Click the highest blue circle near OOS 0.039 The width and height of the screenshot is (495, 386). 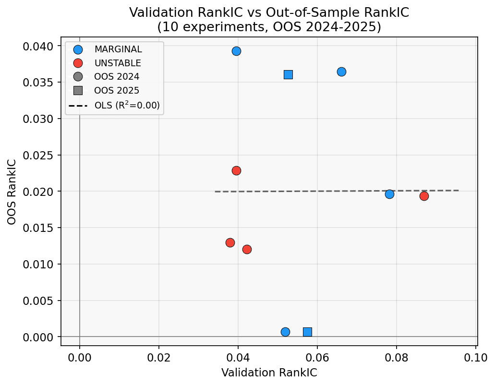pos(236,51)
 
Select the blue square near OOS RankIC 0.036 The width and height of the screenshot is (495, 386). pos(288,74)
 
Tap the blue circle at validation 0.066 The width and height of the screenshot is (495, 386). pos(341,72)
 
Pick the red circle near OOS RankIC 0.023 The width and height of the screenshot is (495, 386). pos(236,170)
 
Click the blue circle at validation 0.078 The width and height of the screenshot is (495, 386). pos(389,194)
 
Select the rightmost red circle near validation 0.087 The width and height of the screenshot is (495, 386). pos(424,196)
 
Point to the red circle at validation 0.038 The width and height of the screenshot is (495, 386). pos(230,242)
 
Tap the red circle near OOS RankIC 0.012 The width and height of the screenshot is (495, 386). pos(247,249)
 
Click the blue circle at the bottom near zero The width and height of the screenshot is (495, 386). pos(285,332)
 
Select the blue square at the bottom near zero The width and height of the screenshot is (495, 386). pos(307,332)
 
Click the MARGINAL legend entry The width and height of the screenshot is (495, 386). pos(118,49)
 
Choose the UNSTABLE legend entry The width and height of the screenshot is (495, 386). pos(118,63)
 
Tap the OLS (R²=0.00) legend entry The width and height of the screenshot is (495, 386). pos(127,105)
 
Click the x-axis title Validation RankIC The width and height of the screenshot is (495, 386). pos(269,373)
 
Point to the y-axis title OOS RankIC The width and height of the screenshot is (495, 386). pos(12,191)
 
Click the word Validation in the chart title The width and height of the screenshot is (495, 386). pos(157,12)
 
